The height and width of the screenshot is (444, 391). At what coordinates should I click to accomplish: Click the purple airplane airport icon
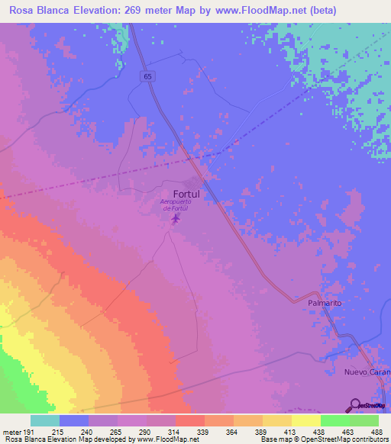pyautogui.click(x=176, y=219)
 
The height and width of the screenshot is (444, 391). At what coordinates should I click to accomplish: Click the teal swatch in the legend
pyautogui.click(x=45, y=420)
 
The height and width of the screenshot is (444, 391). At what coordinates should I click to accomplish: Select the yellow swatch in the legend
pyautogui.click(x=305, y=420)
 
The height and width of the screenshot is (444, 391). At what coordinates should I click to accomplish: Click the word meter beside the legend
pyautogui.click(x=11, y=432)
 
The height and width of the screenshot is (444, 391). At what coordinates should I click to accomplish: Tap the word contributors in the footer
pyautogui.click(x=368, y=439)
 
